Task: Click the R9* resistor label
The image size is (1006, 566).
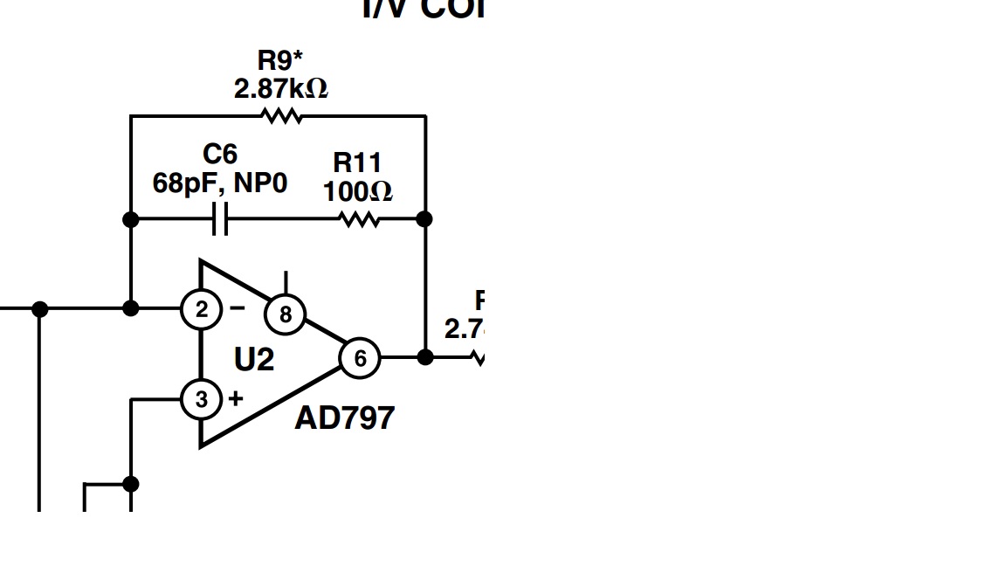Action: [x=280, y=61]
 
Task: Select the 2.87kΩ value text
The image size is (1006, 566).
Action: [x=280, y=88]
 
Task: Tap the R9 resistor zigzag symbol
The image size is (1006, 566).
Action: [x=281, y=115]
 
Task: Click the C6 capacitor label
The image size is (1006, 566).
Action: [x=220, y=155]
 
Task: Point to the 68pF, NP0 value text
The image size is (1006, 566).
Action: [x=220, y=183]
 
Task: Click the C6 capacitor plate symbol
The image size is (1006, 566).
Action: [x=221, y=219]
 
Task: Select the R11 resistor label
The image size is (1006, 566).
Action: [x=357, y=162]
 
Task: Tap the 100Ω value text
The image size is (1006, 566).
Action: [x=357, y=190]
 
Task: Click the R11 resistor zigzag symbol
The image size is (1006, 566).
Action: [x=359, y=219]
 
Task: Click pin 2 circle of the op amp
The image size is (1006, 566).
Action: [x=202, y=309]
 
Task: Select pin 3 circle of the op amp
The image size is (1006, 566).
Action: [x=202, y=399]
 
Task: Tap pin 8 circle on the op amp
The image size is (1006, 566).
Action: [x=285, y=314]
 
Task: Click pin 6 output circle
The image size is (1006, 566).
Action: [x=359, y=358]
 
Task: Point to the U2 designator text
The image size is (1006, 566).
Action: [x=254, y=359]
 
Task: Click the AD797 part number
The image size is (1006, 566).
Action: [x=344, y=418]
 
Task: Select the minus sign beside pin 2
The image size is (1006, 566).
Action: [x=238, y=307]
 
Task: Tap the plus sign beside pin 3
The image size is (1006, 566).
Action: [x=236, y=398]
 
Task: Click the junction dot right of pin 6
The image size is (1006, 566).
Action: [x=425, y=357]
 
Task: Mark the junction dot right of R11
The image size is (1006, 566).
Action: [x=424, y=218]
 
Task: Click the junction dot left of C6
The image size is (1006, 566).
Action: [x=131, y=219]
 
